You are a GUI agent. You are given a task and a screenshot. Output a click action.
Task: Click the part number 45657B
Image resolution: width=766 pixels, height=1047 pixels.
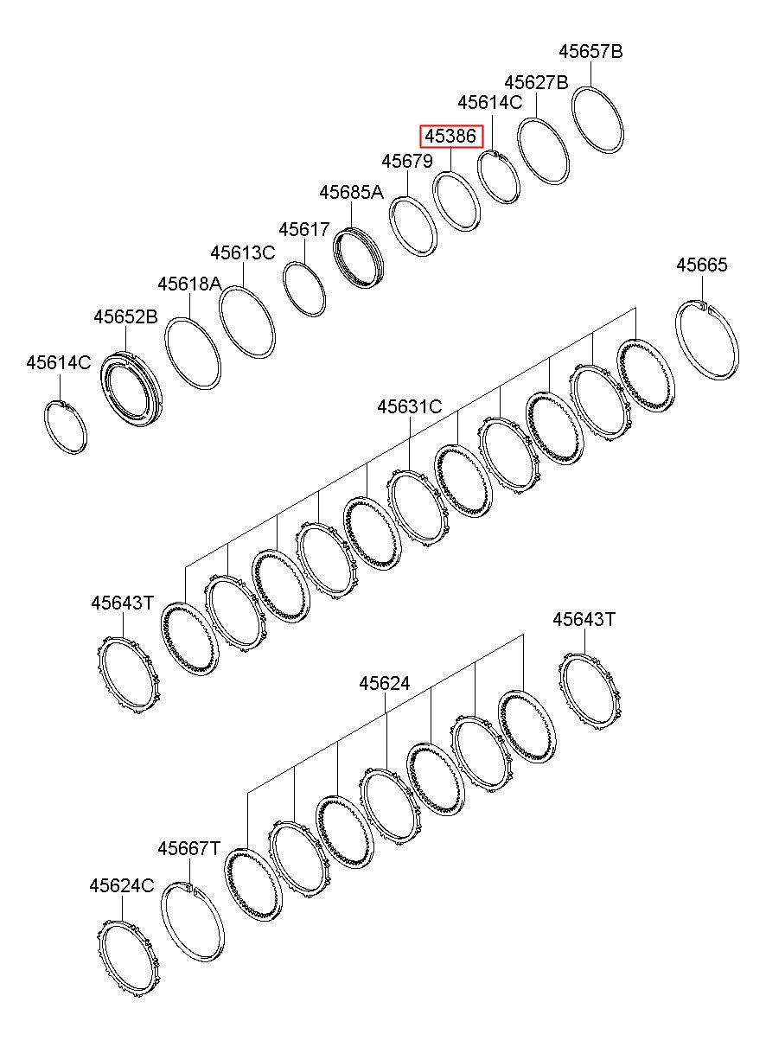[590, 51]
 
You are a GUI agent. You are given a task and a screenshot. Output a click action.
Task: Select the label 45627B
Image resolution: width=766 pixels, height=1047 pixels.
[536, 82]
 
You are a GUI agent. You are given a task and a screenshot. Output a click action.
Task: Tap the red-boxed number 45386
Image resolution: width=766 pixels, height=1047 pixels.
[450, 137]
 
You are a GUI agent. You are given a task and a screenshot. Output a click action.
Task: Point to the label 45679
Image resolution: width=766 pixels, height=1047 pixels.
[407, 162]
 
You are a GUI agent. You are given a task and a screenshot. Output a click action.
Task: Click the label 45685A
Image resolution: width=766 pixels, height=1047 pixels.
[351, 192]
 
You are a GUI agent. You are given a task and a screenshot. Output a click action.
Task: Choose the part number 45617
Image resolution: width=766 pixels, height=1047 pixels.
[304, 229]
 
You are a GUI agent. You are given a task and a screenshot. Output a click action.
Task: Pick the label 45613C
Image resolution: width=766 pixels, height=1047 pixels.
[243, 252]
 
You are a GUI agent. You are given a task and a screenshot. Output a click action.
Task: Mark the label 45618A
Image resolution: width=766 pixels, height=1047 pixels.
[189, 284]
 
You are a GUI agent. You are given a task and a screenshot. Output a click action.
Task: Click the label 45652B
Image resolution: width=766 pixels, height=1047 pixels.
[125, 317]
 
